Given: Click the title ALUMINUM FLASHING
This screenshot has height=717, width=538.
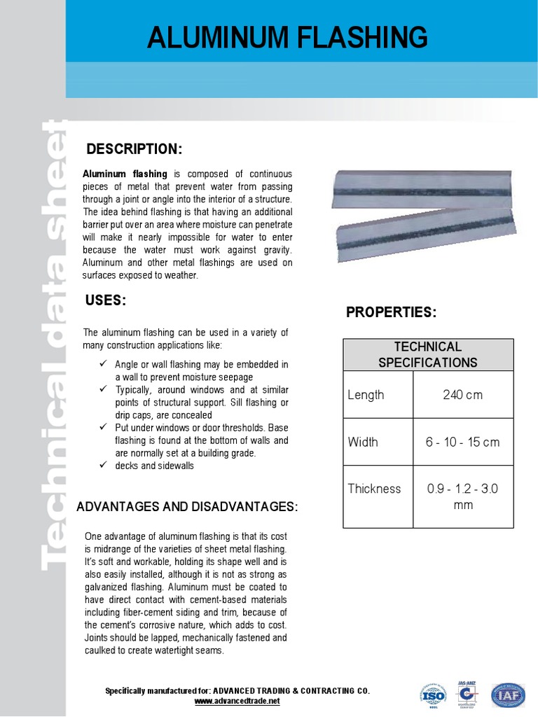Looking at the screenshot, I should pyautogui.click(x=287, y=37).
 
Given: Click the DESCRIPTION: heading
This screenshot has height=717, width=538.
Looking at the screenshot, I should pyautogui.click(x=134, y=149).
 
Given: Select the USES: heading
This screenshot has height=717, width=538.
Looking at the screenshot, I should pyautogui.click(x=105, y=300).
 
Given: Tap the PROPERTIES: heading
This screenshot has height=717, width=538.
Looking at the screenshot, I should pyautogui.click(x=392, y=313).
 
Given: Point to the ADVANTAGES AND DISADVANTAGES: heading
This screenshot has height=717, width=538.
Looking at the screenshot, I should pyautogui.click(x=186, y=506).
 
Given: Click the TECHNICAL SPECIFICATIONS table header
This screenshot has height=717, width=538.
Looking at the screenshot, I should pyautogui.click(x=427, y=354).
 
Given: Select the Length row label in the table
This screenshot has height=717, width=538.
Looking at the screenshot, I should pyautogui.click(x=366, y=395).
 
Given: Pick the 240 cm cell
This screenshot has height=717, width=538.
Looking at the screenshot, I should pyautogui.click(x=462, y=395).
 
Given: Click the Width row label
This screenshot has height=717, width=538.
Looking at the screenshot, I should pyautogui.click(x=363, y=442).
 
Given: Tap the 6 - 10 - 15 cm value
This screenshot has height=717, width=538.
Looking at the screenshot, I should pyautogui.click(x=462, y=442).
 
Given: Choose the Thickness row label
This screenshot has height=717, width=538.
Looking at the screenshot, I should pyautogui.click(x=374, y=489).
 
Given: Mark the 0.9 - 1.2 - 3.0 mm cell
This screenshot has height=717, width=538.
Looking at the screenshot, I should pyautogui.click(x=462, y=496).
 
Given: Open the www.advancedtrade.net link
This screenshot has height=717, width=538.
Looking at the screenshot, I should pyautogui.click(x=237, y=701).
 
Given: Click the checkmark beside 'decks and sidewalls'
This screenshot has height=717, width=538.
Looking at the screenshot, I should pyautogui.click(x=102, y=466).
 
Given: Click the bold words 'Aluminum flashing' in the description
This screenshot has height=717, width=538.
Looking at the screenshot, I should pyautogui.click(x=125, y=174).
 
